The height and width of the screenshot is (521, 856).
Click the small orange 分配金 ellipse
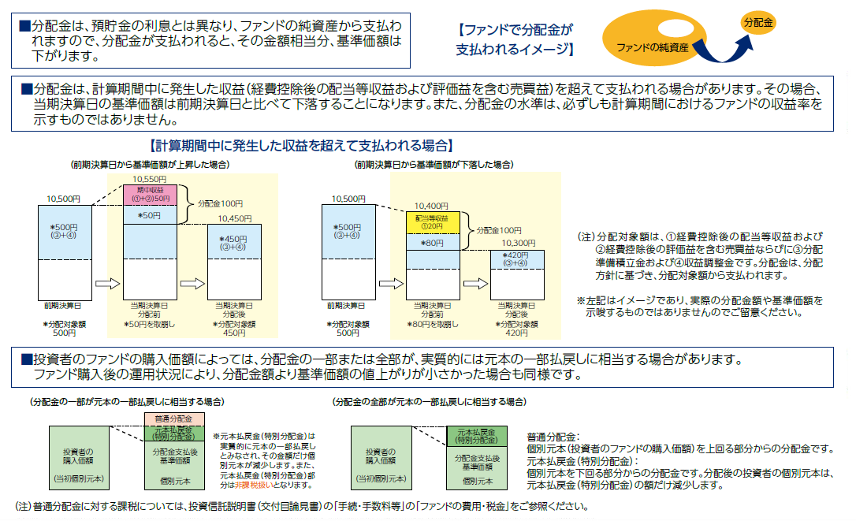758,22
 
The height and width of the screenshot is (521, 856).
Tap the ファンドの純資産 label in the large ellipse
653,48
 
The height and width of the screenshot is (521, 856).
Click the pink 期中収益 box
150,194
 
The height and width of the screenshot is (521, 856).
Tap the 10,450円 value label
235,218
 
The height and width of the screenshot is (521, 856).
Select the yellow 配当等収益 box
432,221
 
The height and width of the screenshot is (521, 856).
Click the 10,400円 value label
431,205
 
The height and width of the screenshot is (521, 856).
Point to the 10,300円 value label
518,244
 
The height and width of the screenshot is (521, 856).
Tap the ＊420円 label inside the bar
518,259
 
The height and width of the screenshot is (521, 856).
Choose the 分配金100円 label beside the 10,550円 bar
221,203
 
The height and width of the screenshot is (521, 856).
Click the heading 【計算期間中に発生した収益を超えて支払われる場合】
300,146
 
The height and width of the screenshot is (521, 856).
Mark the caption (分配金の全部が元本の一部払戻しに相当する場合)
430,402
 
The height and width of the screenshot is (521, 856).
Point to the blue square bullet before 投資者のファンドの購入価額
25,359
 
